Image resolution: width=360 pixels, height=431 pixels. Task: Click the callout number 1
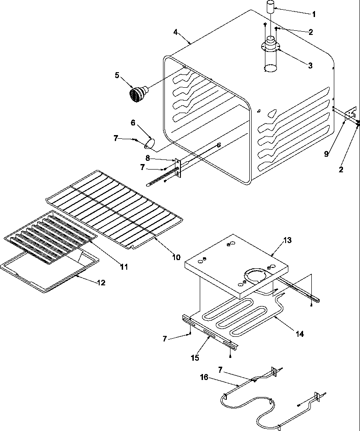point(314,14)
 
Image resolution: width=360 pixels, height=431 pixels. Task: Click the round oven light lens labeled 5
point(136,94)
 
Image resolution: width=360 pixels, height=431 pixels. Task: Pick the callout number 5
point(117,74)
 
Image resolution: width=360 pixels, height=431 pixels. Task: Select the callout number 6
point(133,123)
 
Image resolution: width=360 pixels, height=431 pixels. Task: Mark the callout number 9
point(326,153)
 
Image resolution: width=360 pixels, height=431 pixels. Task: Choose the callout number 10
point(176,257)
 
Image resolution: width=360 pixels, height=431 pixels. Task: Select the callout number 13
point(287,240)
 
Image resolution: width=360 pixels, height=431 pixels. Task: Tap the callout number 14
point(299,334)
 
